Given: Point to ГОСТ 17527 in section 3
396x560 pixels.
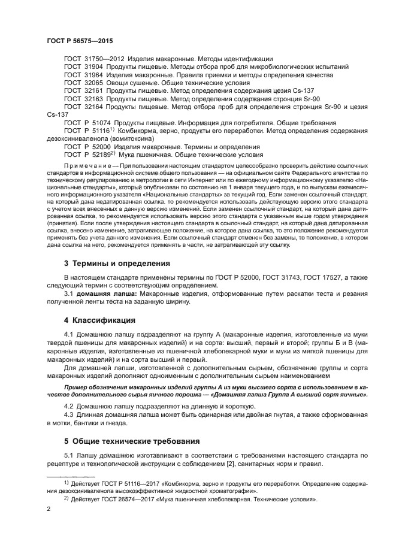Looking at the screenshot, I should point(308,278).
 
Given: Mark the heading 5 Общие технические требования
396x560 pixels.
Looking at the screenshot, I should point(131,441).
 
